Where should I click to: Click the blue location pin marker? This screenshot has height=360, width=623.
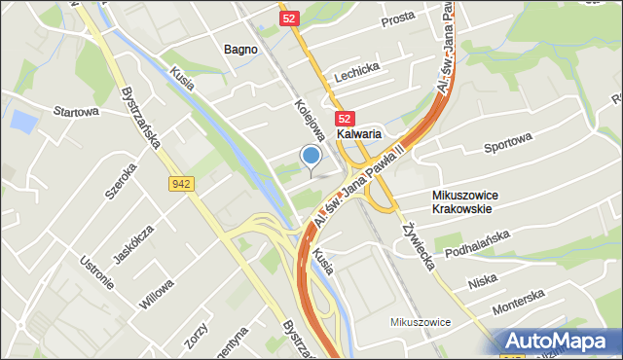pos(311,157)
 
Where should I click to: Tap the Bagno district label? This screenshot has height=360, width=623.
pos(240,49)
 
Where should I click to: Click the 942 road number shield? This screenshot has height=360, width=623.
pos(180,182)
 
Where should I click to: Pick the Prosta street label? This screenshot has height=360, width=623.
pos(396,18)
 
